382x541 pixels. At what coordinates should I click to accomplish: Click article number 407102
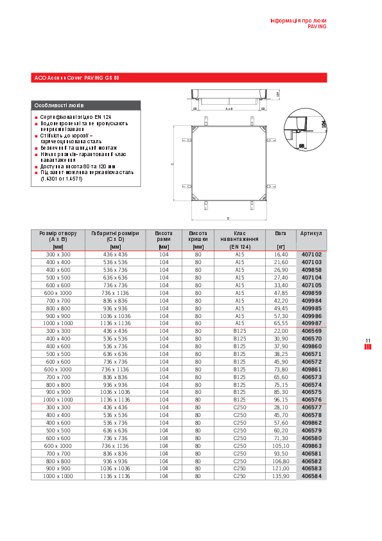click(311, 254)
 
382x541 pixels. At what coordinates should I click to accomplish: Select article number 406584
click(311, 476)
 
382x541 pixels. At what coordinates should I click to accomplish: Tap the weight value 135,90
click(281, 476)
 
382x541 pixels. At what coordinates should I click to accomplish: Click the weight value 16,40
click(281, 254)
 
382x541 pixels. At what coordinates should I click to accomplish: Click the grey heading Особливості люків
click(58, 105)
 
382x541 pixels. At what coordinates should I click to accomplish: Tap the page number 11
click(368, 341)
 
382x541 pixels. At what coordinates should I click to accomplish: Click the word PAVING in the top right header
click(317, 27)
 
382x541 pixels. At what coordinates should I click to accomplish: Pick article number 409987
click(311, 323)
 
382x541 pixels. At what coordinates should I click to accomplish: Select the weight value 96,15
click(281, 400)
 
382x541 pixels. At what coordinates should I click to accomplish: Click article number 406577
click(311, 407)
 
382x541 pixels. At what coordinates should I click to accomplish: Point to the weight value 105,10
click(281, 445)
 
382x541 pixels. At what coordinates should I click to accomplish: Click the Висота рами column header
click(164, 239)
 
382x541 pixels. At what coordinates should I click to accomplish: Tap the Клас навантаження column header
click(239, 239)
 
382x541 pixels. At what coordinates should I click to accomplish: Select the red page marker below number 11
click(368, 347)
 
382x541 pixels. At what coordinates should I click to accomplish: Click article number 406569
click(311, 331)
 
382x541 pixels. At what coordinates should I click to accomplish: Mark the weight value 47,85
click(281, 292)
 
